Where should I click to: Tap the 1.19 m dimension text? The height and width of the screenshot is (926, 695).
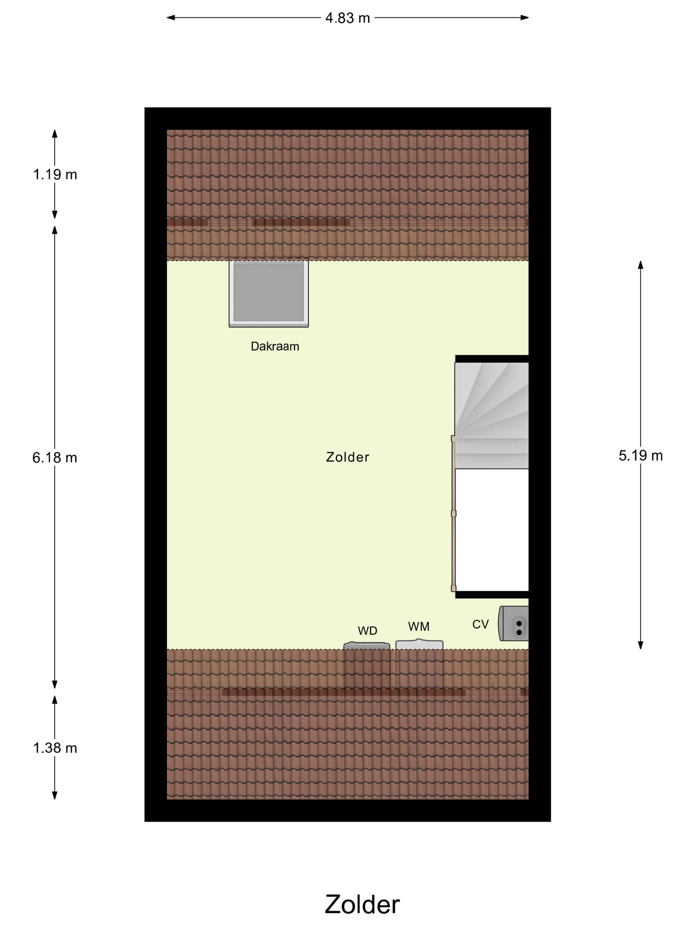(x=55, y=175)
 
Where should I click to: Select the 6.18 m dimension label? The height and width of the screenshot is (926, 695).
(x=55, y=458)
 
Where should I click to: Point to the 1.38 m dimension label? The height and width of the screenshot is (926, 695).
(x=55, y=748)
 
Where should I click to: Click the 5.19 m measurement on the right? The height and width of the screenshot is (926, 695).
(x=640, y=455)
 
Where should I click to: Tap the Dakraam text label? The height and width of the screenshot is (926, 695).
(x=275, y=346)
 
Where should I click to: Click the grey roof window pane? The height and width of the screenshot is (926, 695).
(x=268, y=292)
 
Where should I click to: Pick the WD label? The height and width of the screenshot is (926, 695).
(x=367, y=630)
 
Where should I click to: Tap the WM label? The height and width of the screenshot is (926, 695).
(x=419, y=626)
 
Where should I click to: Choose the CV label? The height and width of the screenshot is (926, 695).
(x=480, y=624)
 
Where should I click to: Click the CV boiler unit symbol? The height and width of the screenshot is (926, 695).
(x=513, y=623)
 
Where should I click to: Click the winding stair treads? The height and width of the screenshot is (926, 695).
(x=492, y=415)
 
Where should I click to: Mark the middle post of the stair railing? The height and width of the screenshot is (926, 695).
(x=453, y=514)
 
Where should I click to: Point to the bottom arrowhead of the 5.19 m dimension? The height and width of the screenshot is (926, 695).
(x=640, y=645)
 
